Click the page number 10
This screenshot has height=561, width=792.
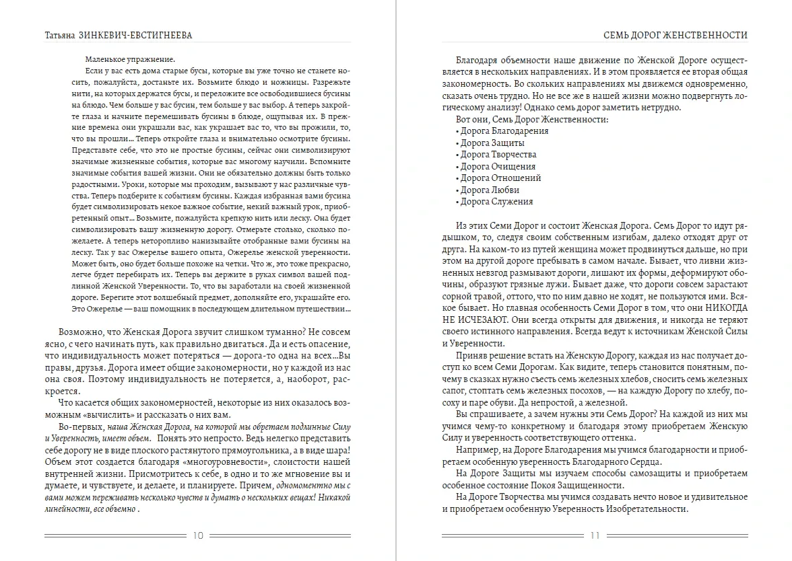click(x=198, y=536)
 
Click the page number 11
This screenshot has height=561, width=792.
click(x=594, y=536)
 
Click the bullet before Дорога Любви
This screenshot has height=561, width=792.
click(x=457, y=190)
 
